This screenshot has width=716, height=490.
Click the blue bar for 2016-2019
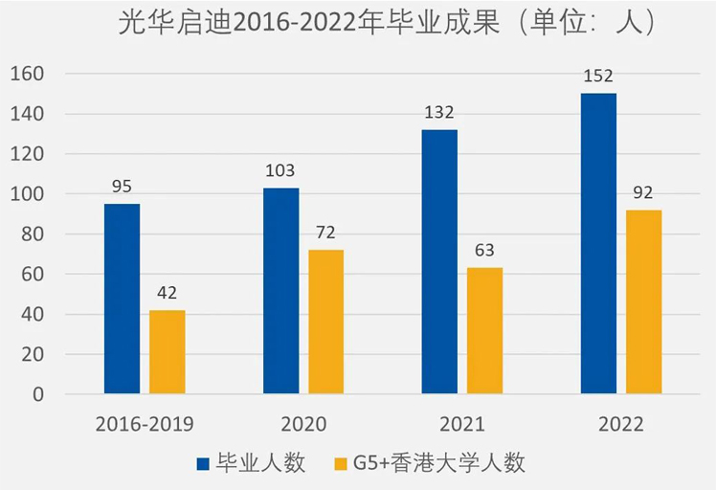click(123, 299)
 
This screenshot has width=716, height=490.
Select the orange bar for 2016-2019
click(168, 352)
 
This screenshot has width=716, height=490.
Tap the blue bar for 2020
click(281, 291)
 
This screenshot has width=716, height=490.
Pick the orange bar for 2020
click(326, 322)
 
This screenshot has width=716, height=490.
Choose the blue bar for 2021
click(440, 261)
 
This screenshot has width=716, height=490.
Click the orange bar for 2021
click(485, 331)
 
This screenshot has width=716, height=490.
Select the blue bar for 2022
click(599, 243)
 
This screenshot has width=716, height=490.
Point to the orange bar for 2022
click(644, 301)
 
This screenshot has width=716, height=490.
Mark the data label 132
click(439, 113)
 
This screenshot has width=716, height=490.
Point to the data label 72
click(326, 234)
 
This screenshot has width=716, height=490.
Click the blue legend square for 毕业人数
click(203, 464)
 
